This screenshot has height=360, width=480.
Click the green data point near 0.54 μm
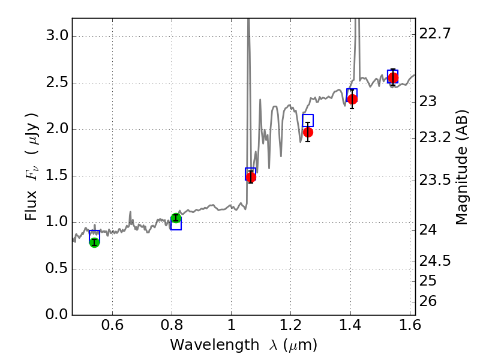click(x=94, y=242)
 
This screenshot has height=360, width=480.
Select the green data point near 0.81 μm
click(x=176, y=218)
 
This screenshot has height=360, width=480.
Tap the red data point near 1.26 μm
click(x=308, y=132)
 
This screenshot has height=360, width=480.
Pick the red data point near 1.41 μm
click(x=352, y=99)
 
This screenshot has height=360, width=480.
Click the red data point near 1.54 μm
click(x=393, y=78)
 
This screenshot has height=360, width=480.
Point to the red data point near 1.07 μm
click(x=251, y=176)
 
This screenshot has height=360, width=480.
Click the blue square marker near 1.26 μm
click(x=308, y=121)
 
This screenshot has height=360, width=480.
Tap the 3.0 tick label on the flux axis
click(x=57, y=36)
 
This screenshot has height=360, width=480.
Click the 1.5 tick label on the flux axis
click(x=57, y=176)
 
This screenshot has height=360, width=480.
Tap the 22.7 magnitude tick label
click(x=435, y=34)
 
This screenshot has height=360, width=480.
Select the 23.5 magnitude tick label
click(x=435, y=181)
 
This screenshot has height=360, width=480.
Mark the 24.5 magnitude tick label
click(x=435, y=261)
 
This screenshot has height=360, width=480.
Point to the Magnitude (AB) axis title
click(x=461, y=167)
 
